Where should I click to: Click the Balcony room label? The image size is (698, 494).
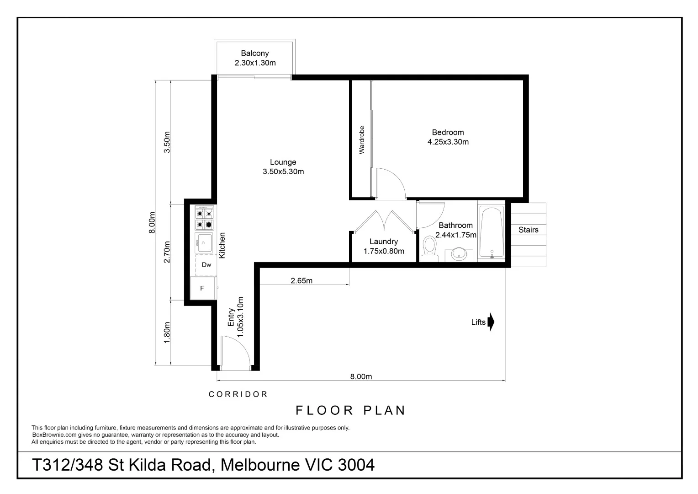[x=254, y=54]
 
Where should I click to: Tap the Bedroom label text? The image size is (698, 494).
[x=448, y=132]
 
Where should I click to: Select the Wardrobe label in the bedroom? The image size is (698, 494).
[x=361, y=140]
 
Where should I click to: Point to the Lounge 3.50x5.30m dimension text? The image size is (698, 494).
[x=283, y=172]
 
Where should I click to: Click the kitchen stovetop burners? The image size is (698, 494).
[x=204, y=218]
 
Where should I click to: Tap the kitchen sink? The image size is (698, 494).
[x=204, y=243]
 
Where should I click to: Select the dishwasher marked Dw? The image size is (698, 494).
[x=206, y=265]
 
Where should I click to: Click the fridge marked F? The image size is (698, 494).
[x=202, y=288]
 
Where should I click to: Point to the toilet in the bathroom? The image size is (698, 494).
[x=430, y=249]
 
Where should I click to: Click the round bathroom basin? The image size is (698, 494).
[x=459, y=254]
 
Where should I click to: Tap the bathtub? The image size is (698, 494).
[x=492, y=232]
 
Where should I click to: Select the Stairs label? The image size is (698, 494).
[x=528, y=230]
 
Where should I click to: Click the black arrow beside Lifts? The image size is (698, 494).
[x=491, y=322]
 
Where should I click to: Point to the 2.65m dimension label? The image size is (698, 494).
[x=301, y=280]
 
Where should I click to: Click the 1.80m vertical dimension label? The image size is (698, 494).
[x=167, y=333]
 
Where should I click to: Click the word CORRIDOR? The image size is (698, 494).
[x=238, y=394]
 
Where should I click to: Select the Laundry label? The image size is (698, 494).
[x=384, y=242]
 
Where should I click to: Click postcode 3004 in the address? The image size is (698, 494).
[x=356, y=465]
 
